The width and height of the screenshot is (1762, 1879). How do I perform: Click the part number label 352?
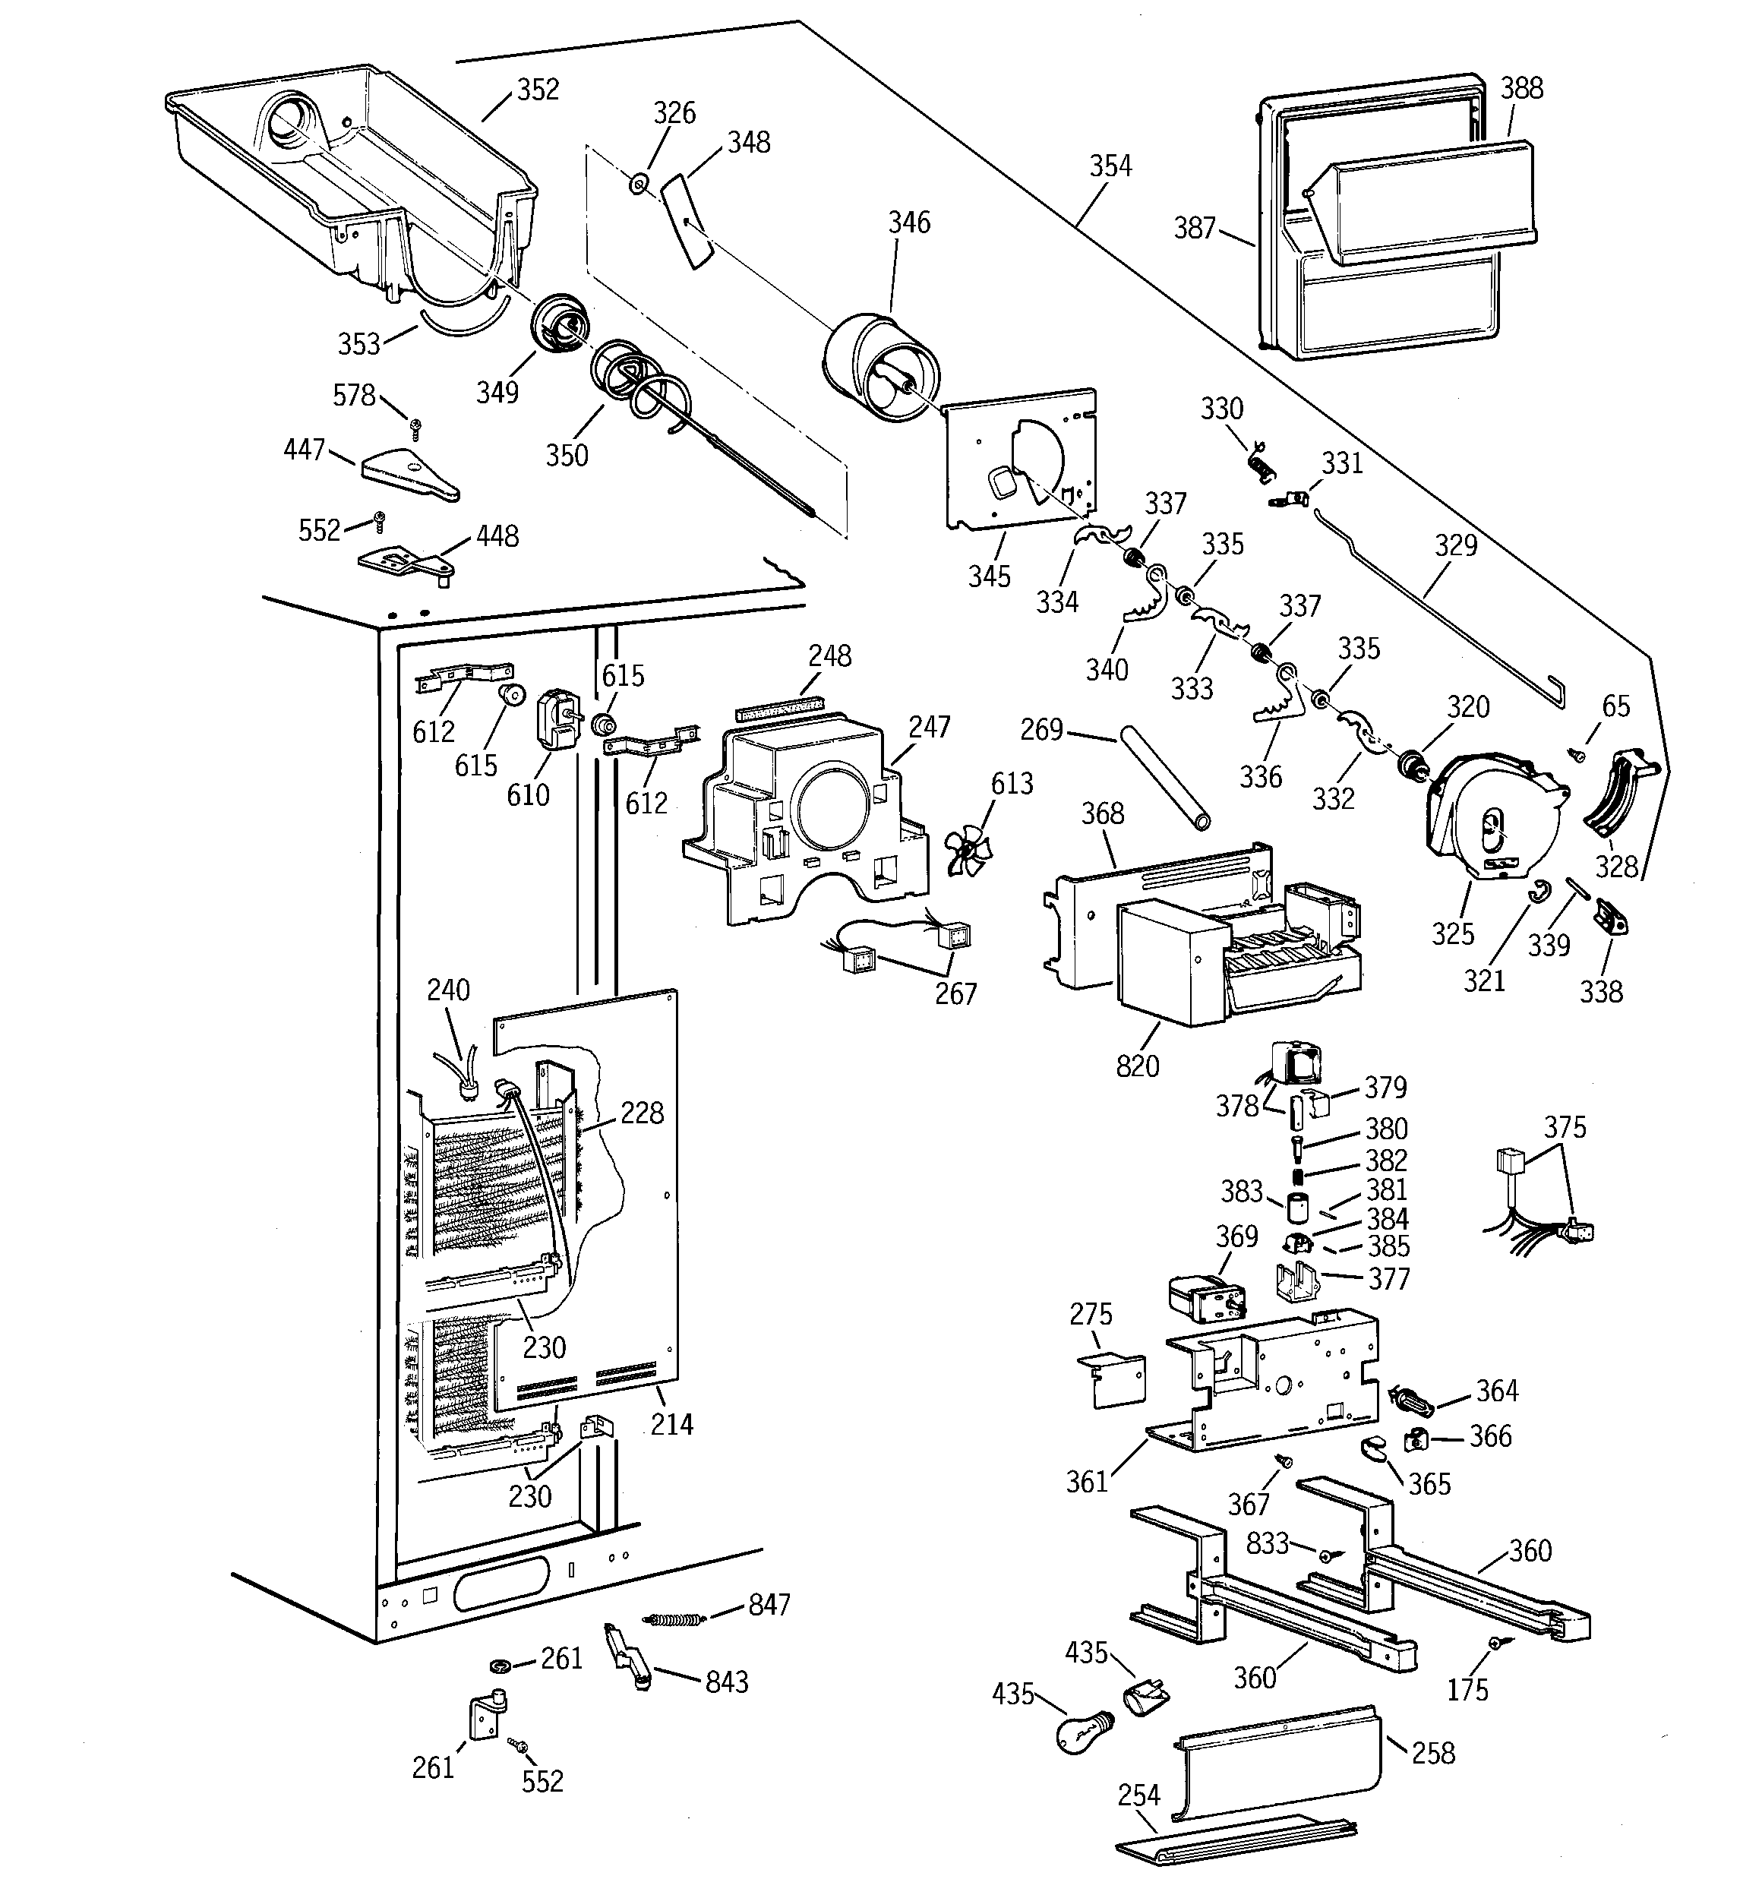[537, 90]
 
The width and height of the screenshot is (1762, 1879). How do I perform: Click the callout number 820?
[1136, 1066]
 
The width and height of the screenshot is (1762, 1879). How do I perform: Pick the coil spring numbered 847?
[674, 1619]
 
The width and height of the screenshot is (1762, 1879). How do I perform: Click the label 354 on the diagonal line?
[1110, 166]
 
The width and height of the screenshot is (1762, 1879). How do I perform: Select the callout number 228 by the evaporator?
[642, 1113]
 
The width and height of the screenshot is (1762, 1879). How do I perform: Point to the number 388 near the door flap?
[1522, 88]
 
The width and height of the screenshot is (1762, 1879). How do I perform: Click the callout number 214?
[671, 1424]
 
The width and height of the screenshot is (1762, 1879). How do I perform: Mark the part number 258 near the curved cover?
[1433, 1753]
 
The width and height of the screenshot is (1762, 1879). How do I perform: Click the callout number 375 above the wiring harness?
[1565, 1128]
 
